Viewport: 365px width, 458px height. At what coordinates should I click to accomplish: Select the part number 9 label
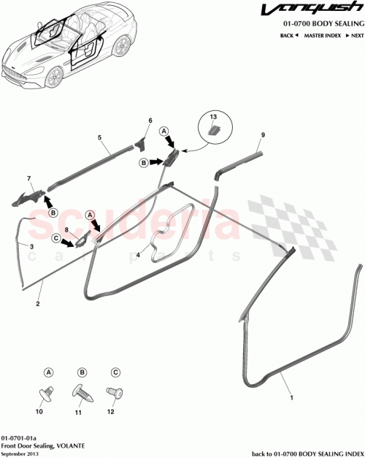[x=263, y=135]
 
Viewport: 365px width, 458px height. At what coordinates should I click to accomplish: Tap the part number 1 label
[x=292, y=398]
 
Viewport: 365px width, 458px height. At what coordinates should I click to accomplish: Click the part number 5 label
[x=100, y=137]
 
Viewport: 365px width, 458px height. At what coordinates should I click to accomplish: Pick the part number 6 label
[x=150, y=121]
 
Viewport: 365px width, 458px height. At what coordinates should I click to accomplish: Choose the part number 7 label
[x=29, y=179]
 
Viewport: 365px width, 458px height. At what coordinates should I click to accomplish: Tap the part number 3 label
[x=32, y=247]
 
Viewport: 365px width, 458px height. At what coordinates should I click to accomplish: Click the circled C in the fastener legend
[x=114, y=371]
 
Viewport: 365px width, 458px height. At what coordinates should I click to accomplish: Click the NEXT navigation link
[x=354, y=35]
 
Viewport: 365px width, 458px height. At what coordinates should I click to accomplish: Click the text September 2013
[x=20, y=453]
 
